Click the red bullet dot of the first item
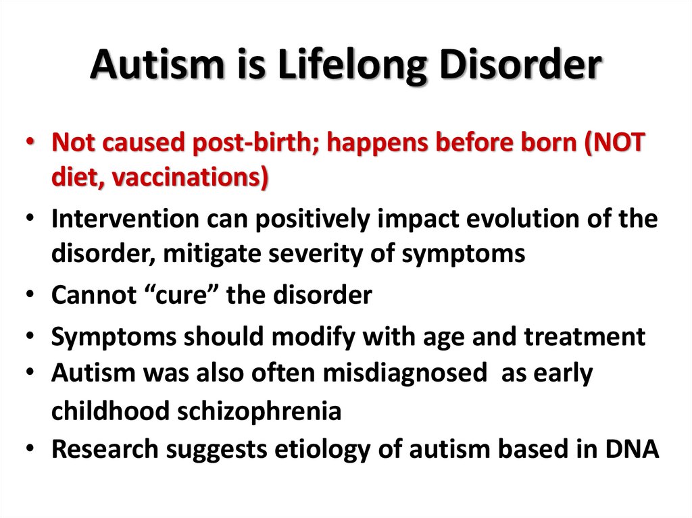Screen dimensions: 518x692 [32, 145]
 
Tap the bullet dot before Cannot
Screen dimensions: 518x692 [32, 296]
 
